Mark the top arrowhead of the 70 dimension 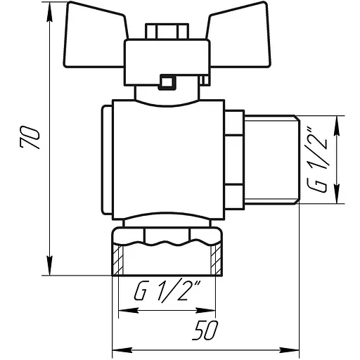(x=51, y=13)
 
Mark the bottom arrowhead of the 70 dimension (x=51, y=271)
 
